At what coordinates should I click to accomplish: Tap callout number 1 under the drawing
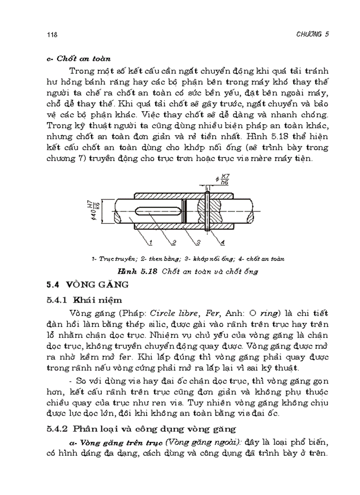coord(150,242)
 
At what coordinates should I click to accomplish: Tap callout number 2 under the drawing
coord(173,242)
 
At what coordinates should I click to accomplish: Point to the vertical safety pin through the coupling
coord(206,207)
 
